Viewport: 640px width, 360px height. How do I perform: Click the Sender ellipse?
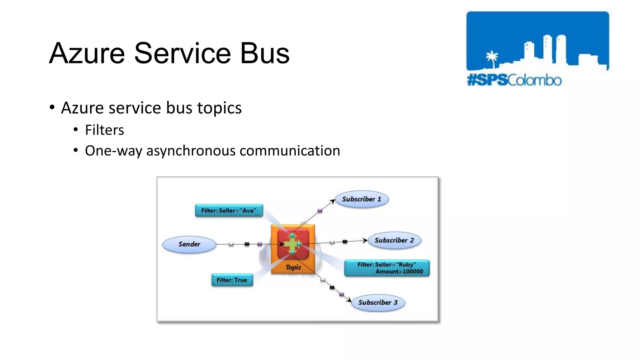(189, 244)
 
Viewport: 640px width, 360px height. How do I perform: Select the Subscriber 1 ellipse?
(362, 199)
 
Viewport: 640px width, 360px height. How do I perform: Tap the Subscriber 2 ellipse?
(394, 240)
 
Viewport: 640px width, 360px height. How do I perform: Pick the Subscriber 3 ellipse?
(378, 302)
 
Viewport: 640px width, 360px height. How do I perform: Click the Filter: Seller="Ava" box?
(229, 211)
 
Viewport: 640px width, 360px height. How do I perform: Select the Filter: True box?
(232, 280)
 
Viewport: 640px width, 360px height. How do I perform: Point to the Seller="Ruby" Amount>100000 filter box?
(387, 268)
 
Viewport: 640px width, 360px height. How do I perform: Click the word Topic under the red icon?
(293, 267)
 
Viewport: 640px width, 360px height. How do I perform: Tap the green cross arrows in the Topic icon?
(292, 244)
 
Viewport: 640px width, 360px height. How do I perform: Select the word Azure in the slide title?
(87, 53)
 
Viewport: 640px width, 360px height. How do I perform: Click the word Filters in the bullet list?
(104, 130)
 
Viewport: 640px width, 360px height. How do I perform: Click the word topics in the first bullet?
(219, 108)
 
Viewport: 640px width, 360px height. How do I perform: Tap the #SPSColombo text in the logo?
(514, 80)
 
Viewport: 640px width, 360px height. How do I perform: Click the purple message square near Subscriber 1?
(320, 211)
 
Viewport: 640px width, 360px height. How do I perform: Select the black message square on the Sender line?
(247, 244)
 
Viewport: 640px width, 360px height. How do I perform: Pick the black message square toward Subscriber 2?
(345, 242)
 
